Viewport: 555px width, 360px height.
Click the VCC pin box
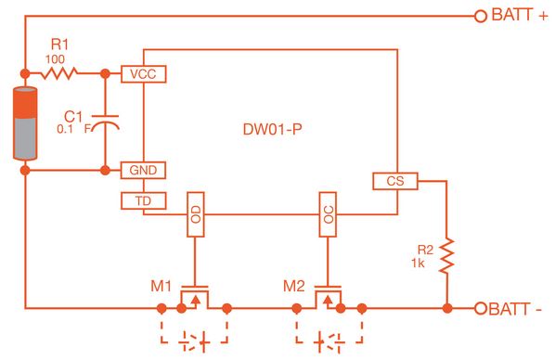click(x=143, y=73)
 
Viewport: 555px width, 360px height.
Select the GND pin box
click(x=143, y=170)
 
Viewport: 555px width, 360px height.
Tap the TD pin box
click(x=143, y=199)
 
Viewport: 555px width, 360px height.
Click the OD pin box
click(x=195, y=215)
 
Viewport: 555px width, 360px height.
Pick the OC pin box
click(x=327, y=215)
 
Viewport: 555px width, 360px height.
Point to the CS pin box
click(x=394, y=182)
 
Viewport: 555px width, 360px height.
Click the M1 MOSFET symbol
click(x=195, y=297)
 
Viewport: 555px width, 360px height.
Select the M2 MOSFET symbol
click(x=327, y=297)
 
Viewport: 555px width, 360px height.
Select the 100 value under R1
click(x=56, y=58)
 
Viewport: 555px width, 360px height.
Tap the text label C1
click(x=73, y=116)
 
